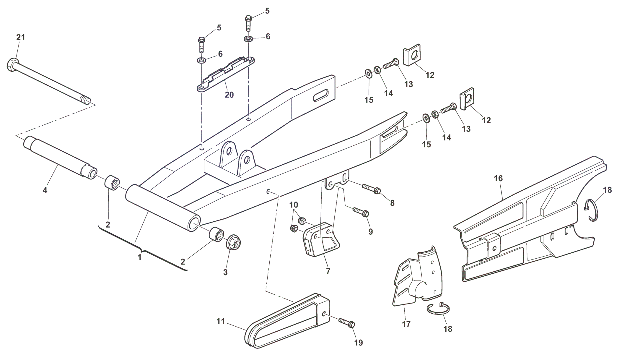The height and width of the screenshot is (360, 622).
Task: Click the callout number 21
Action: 20,38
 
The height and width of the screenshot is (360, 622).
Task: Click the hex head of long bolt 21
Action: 12,64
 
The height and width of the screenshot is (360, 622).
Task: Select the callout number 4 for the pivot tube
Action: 45,190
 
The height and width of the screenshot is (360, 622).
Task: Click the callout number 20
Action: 229,95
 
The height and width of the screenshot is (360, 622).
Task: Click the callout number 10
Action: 294,205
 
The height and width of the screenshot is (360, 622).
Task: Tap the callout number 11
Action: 221,321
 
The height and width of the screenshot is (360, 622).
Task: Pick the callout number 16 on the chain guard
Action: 498,179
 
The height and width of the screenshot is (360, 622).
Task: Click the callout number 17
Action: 406,324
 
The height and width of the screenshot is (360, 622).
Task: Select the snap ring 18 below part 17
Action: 439,309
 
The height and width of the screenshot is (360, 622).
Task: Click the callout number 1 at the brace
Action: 140,257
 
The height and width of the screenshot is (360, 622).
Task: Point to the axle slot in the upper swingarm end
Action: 321,96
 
